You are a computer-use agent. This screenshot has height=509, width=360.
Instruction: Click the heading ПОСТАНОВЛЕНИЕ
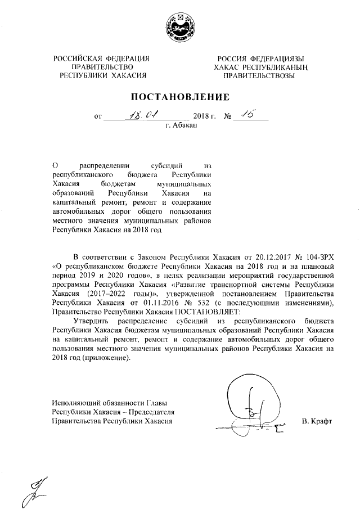tap(180, 96)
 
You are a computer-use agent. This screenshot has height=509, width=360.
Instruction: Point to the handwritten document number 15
tap(246, 115)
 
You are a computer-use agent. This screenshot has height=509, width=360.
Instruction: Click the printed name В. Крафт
tap(317, 421)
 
